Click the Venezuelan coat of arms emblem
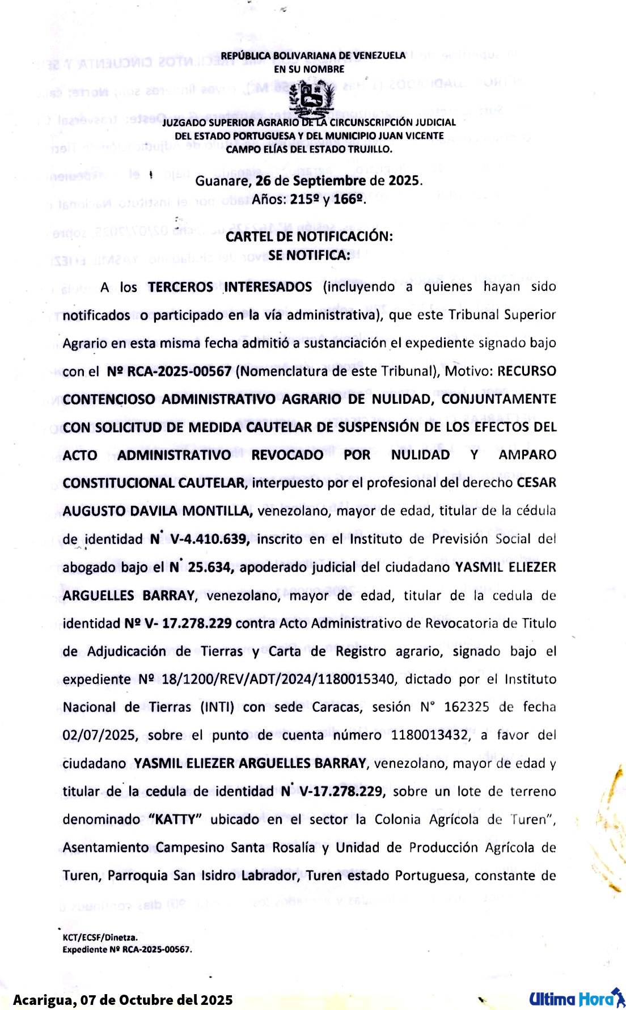pyautogui.click(x=311, y=99)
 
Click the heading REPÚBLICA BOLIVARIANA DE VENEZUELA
pyautogui.click(x=313, y=56)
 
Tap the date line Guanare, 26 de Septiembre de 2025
pyautogui.click(x=309, y=181)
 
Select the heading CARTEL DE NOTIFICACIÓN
pyautogui.click(x=309, y=236)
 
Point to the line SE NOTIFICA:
pyautogui.click(x=309, y=255)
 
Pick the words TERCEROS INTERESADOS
pyautogui.click(x=230, y=287)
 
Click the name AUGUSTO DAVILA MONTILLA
pyautogui.click(x=157, y=511)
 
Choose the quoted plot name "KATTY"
pyautogui.click(x=175, y=819)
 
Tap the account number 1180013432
pyautogui.click(x=430, y=736)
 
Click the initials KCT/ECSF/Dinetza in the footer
pyautogui.click(x=100, y=937)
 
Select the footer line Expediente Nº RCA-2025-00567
pyautogui.click(x=127, y=949)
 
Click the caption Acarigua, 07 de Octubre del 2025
pyautogui.click(x=122, y=1000)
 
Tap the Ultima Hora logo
pyautogui.click(x=576, y=998)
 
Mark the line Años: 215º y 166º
pyautogui.click(x=309, y=199)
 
